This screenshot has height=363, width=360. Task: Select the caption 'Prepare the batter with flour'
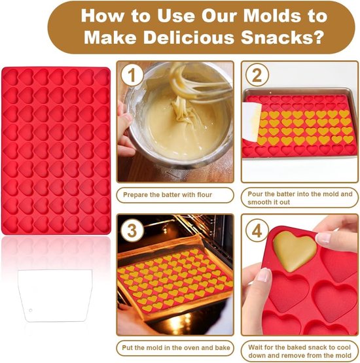[x=175, y=195]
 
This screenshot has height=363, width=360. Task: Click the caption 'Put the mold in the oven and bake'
[x=175, y=348]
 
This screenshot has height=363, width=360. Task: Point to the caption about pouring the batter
[x=300, y=198]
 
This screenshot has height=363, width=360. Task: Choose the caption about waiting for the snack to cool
[x=300, y=351]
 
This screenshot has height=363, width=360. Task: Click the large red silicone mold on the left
[x=56, y=150]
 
